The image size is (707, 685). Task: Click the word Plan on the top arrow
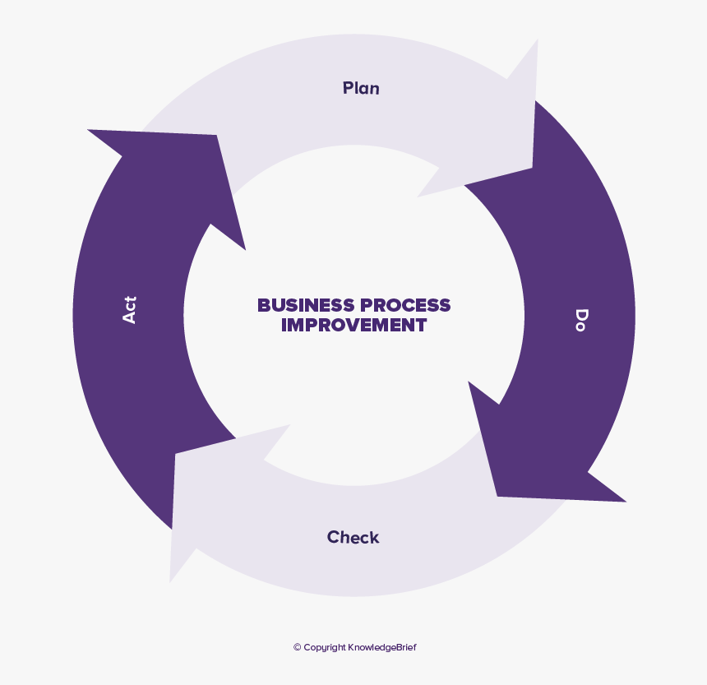(361, 88)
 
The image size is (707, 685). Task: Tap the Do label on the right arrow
(581, 320)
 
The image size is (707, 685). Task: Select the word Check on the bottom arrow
(353, 538)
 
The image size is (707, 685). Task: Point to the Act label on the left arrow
(129, 309)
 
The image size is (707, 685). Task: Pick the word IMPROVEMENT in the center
(353, 326)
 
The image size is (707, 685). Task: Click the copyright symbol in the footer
(298, 648)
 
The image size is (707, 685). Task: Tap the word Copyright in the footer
(324, 648)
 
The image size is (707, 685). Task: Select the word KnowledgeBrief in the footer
(382, 648)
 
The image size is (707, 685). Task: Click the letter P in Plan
(348, 88)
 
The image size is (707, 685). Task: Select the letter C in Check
(333, 538)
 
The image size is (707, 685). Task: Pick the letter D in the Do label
(581, 313)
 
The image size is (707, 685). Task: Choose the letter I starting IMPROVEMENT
(284, 326)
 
